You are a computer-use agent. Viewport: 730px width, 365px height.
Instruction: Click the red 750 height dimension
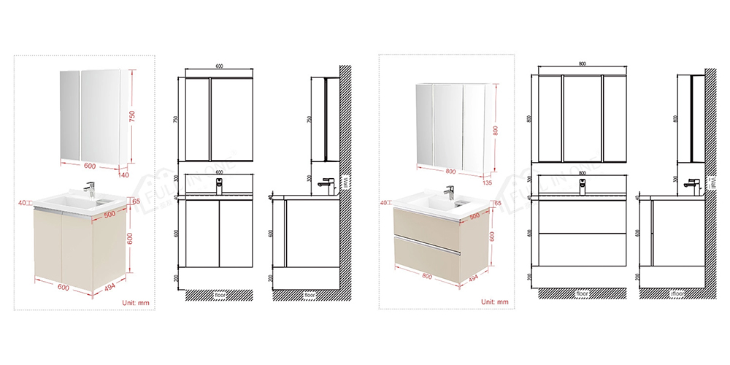tap(133, 118)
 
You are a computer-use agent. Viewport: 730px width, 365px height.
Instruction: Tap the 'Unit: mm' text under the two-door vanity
tap(136, 301)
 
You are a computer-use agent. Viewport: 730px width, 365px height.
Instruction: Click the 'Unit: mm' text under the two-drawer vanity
tap(493, 301)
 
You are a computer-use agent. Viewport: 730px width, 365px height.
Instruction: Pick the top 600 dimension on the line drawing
tap(219, 66)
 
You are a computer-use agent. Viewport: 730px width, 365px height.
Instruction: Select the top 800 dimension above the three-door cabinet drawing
tap(582, 64)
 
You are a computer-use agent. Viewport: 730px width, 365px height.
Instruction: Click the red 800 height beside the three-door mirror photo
tap(496, 131)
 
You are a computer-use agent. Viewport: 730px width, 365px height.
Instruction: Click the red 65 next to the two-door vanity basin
tap(136, 201)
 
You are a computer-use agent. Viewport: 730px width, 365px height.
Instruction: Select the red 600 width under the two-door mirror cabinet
tap(89, 166)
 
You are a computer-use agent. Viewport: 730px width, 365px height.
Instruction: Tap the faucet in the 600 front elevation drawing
tap(219, 185)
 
